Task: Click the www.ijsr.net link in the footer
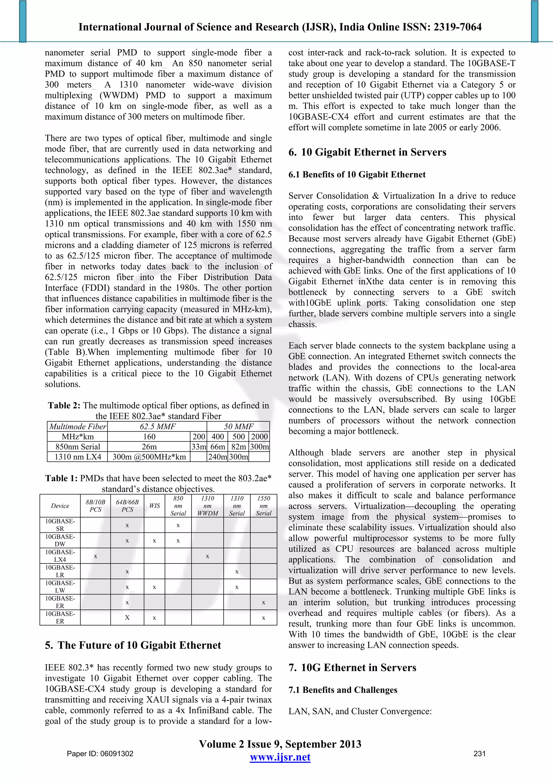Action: tap(280, 757)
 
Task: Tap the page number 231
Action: tap(479, 754)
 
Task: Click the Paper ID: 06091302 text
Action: tap(100, 754)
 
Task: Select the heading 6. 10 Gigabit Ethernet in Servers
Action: tap(367, 152)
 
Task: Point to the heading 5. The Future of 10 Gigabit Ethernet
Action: tap(133, 645)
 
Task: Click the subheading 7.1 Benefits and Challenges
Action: tap(342, 690)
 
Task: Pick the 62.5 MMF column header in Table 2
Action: tap(157, 427)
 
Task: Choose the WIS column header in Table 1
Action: tap(154, 506)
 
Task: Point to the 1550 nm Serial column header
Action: tap(263, 506)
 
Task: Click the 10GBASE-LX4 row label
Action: tap(60, 555)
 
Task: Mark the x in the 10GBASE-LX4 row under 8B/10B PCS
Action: tap(95, 556)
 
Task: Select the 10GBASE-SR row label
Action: tap(60, 525)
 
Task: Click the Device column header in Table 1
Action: tap(60, 506)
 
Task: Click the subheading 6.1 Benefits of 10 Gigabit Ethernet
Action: tap(357, 175)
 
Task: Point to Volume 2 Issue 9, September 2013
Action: tap(280, 744)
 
